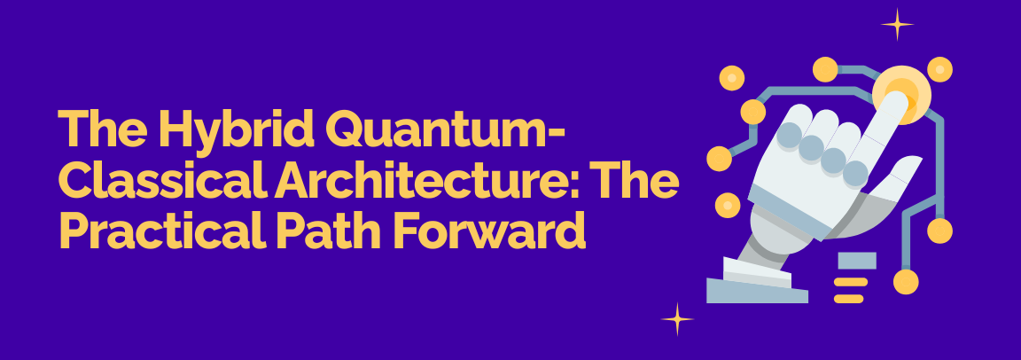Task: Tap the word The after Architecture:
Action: pyautogui.click(x=635, y=182)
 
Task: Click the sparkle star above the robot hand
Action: pyautogui.click(x=897, y=24)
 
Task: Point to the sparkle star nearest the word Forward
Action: pyautogui.click(x=678, y=318)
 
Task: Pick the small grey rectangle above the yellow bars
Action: pyautogui.click(x=856, y=260)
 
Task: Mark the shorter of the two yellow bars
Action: pyautogui.click(x=848, y=299)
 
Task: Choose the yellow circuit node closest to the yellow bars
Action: pyautogui.click(x=905, y=282)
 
